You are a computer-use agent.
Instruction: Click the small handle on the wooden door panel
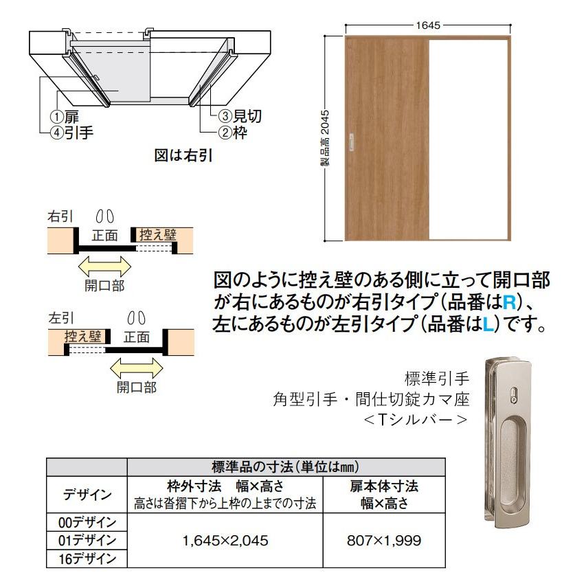coord(352,140)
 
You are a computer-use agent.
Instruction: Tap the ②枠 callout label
coord(234,133)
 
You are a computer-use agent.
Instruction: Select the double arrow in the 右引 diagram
coord(104,267)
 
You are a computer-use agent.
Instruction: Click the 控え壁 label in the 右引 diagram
coord(157,235)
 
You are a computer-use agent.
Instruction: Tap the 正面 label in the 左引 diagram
coord(136,337)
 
